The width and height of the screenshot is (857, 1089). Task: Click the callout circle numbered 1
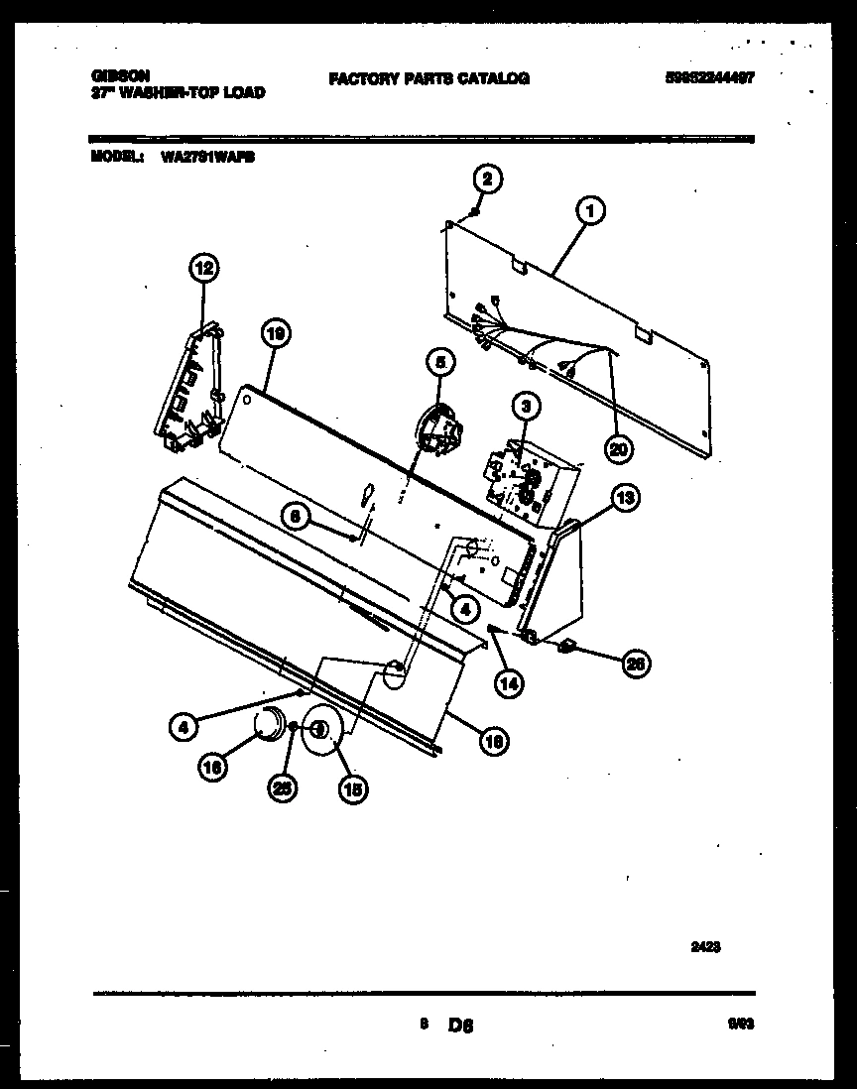[x=590, y=210]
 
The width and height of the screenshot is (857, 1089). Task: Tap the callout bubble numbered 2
[x=486, y=180]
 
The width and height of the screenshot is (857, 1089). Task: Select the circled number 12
[x=202, y=267]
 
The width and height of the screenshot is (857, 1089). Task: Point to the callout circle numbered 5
[x=441, y=363]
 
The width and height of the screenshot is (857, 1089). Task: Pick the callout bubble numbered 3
[x=526, y=405]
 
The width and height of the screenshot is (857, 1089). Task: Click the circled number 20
[x=620, y=448]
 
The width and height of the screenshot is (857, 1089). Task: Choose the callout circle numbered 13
[x=624, y=498]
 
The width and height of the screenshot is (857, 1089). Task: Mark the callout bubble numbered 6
[x=294, y=515]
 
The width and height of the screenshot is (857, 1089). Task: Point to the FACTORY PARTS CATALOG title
[x=428, y=78]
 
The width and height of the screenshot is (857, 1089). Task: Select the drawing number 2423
[x=705, y=947]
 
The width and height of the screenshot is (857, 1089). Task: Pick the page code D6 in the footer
[x=461, y=1026]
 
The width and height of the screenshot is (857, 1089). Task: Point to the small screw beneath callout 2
[x=475, y=210]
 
